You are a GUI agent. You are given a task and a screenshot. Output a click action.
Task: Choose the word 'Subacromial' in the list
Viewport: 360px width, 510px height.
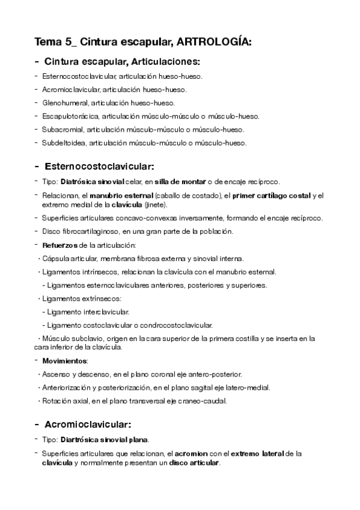63,129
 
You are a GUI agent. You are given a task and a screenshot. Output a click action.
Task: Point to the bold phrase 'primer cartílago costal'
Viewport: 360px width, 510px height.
272,195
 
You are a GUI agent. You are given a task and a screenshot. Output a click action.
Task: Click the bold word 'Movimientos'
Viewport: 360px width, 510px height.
64,361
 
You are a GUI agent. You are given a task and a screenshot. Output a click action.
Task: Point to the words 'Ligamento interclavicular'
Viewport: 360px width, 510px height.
87,312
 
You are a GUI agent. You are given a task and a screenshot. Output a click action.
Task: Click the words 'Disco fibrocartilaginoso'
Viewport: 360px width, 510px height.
81,231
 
